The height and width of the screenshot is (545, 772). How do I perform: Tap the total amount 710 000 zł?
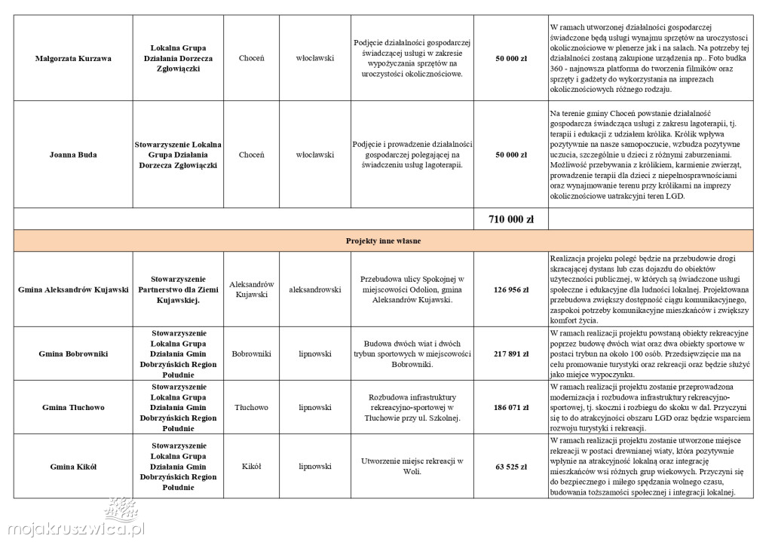(511, 219)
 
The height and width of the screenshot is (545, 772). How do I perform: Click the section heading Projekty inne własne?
(383, 241)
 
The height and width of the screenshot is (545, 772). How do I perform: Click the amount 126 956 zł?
(511, 289)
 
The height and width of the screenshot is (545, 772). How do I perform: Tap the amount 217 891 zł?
(511, 353)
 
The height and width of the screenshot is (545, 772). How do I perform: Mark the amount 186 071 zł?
(511, 407)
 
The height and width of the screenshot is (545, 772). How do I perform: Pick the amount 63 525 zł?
(511, 467)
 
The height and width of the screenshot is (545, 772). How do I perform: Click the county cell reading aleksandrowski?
(315, 289)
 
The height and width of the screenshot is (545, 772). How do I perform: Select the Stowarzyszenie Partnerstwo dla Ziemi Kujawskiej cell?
(179, 289)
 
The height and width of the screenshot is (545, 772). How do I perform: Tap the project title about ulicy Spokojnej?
(412, 289)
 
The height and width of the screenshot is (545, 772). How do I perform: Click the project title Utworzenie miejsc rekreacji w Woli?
(412, 467)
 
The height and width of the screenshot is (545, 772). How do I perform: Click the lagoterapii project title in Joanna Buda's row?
(412, 155)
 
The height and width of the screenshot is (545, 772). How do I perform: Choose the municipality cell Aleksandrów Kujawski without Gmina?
(251, 289)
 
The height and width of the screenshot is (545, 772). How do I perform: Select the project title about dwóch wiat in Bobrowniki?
(412, 353)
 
